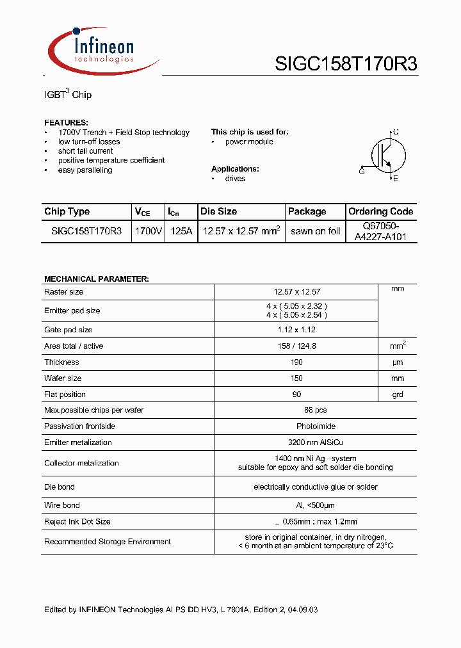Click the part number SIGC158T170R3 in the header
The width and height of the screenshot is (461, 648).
[x=346, y=63]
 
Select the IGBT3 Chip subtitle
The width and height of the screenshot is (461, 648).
[x=67, y=94]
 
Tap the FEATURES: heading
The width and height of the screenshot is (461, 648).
[x=66, y=122]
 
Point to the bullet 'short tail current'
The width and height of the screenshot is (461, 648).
[x=85, y=151]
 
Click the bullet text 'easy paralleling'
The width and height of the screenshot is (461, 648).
[x=85, y=170]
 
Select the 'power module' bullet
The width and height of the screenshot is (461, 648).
[x=248, y=142]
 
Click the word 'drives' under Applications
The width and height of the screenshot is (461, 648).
[x=235, y=179]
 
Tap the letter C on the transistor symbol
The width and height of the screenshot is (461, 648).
[x=396, y=132]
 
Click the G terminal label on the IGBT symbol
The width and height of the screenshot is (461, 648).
[x=362, y=172]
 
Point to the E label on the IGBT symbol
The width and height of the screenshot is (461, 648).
[x=396, y=179]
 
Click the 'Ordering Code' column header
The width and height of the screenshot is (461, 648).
[x=380, y=211]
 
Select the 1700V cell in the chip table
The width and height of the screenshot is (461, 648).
[x=149, y=231]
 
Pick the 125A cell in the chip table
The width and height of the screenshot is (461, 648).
[x=181, y=231]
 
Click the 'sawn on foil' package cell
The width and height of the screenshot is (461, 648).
[x=315, y=231]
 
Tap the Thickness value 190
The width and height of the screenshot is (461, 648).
[x=296, y=362]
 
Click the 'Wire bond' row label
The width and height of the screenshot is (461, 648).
[x=62, y=505]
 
